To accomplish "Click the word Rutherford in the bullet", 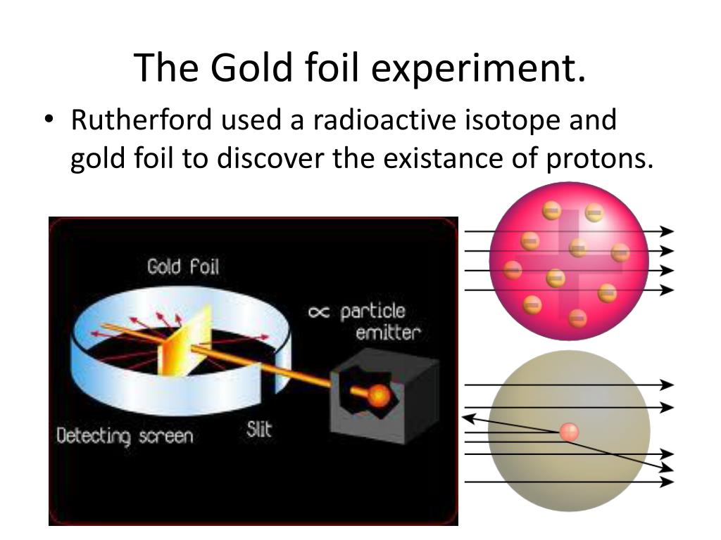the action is click(x=141, y=120).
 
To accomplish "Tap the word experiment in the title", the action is click(x=478, y=69).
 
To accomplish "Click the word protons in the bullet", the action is click(x=600, y=160).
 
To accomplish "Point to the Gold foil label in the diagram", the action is click(x=183, y=266).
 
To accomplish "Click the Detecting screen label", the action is click(x=125, y=436).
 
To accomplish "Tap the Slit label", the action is click(x=259, y=430).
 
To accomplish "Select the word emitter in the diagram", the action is click(x=388, y=333).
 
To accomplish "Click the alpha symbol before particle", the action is click(x=319, y=312).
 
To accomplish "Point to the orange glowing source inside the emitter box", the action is click(x=378, y=395).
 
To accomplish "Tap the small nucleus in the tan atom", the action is click(x=569, y=432).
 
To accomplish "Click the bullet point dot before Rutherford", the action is click(x=49, y=120).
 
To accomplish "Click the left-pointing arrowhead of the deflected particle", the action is click(x=468, y=418).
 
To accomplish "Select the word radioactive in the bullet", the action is click(x=385, y=120).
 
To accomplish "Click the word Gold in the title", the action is click(x=251, y=68).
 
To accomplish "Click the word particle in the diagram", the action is click(x=372, y=312).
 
